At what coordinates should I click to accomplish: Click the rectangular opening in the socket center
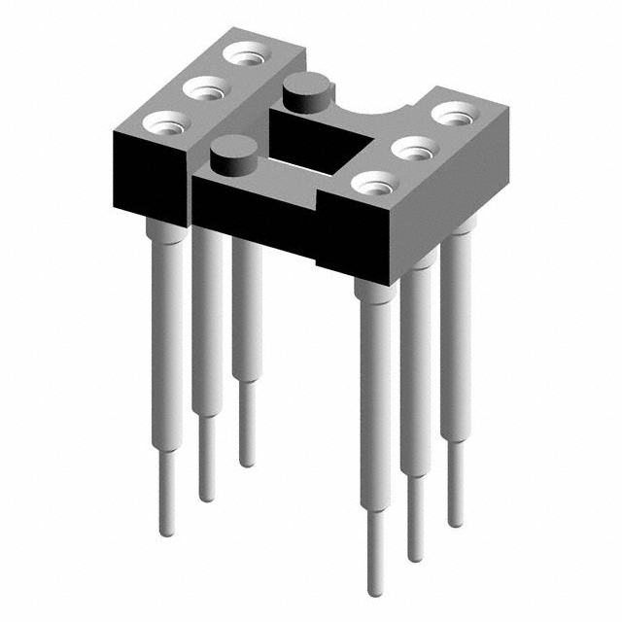pyautogui.click(x=321, y=147)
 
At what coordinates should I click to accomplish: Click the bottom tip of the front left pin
pyautogui.click(x=165, y=530)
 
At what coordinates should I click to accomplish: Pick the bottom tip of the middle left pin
pyautogui.click(x=206, y=496)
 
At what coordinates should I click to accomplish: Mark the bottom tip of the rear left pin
pyautogui.click(x=248, y=461)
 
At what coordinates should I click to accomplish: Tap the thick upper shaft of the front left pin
pyautogui.click(x=166, y=321)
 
